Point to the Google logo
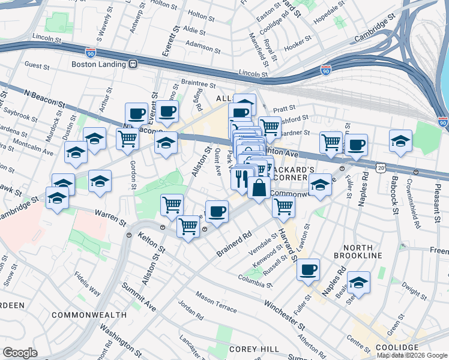[x=20, y=352]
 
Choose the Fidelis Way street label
[x=87, y=284]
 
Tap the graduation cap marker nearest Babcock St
[x=400, y=140]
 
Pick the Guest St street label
[x=37, y=64]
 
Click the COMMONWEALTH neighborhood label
[x=89, y=315]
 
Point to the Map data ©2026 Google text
[x=412, y=355]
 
